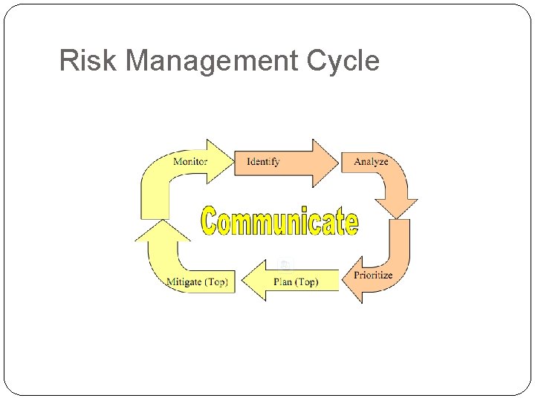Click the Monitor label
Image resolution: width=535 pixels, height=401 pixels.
click(x=190, y=161)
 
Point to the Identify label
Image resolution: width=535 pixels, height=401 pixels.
click(x=263, y=161)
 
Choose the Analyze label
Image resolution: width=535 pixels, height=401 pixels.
click(x=371, y=161)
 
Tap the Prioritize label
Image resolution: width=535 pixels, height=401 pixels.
click(x=373, y=275)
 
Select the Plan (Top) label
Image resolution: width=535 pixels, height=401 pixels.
click(x=296, y=281)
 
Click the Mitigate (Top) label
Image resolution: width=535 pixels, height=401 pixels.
click(x=197, y=281)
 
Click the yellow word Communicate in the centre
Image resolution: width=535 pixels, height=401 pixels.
click(x=279, y=221)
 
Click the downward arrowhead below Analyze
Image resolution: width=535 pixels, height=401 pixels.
click(x=396, y=208)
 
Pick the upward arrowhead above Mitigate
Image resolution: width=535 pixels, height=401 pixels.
click(x=161, y=232)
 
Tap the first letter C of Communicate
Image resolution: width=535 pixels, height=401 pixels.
click(x=211, y=221)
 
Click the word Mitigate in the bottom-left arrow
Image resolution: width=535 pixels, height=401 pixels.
click(x=184, y=281)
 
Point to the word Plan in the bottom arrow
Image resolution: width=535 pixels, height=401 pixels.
click(x=283, y=281)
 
